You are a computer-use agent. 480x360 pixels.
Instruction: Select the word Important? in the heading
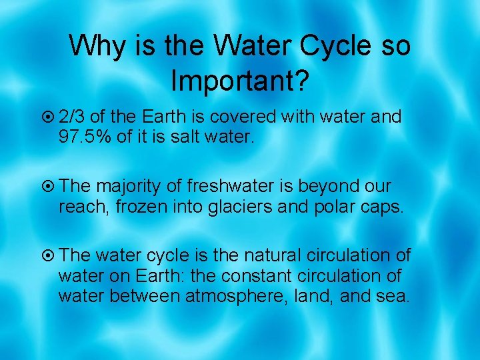pos(239,80)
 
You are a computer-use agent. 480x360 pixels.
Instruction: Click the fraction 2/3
pos(71,117)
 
